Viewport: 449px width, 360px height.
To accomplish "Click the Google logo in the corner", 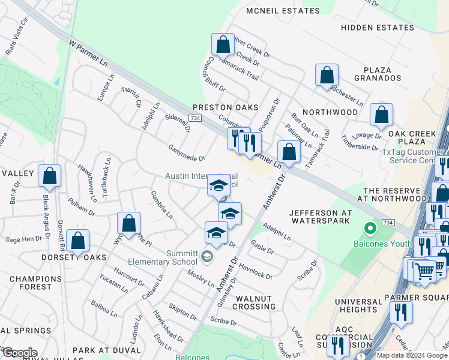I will pos(20,353).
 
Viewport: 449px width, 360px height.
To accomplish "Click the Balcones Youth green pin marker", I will pos(371,228).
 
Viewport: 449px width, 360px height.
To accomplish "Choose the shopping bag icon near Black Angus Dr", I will pos(50,176).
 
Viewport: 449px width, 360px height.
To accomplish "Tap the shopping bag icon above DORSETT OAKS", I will pos(78,241).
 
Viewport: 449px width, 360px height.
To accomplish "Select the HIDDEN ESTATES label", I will pos(378,28).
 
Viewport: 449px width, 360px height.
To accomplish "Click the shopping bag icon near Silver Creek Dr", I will pos(223,44).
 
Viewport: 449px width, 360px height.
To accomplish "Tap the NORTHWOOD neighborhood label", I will pos(330,112).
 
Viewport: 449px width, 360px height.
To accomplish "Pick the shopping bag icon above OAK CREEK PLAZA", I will pos(381,115).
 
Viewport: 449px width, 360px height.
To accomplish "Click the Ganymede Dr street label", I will pos(187,154).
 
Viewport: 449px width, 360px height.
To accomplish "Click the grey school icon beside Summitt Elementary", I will pos(207,257).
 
